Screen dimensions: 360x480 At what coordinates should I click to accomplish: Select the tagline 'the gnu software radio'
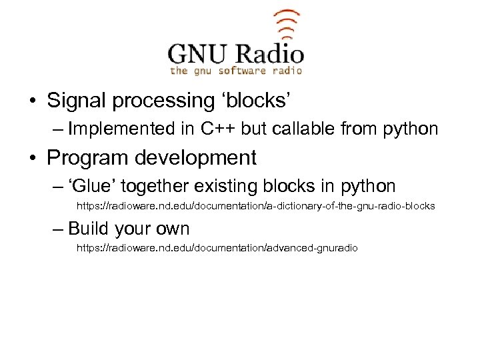[x=236, y=70]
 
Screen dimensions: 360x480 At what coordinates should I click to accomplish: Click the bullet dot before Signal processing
[x=32, y=102]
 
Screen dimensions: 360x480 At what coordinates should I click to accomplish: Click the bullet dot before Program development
[x=32, y=159]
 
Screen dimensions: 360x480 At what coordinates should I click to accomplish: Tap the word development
[x=193, y=158]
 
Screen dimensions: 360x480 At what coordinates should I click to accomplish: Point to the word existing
[x=229, y=186]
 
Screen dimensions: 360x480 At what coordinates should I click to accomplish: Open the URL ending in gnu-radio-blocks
[x=256, y=207]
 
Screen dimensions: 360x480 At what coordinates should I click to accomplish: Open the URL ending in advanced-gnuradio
[x=217, y=248]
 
